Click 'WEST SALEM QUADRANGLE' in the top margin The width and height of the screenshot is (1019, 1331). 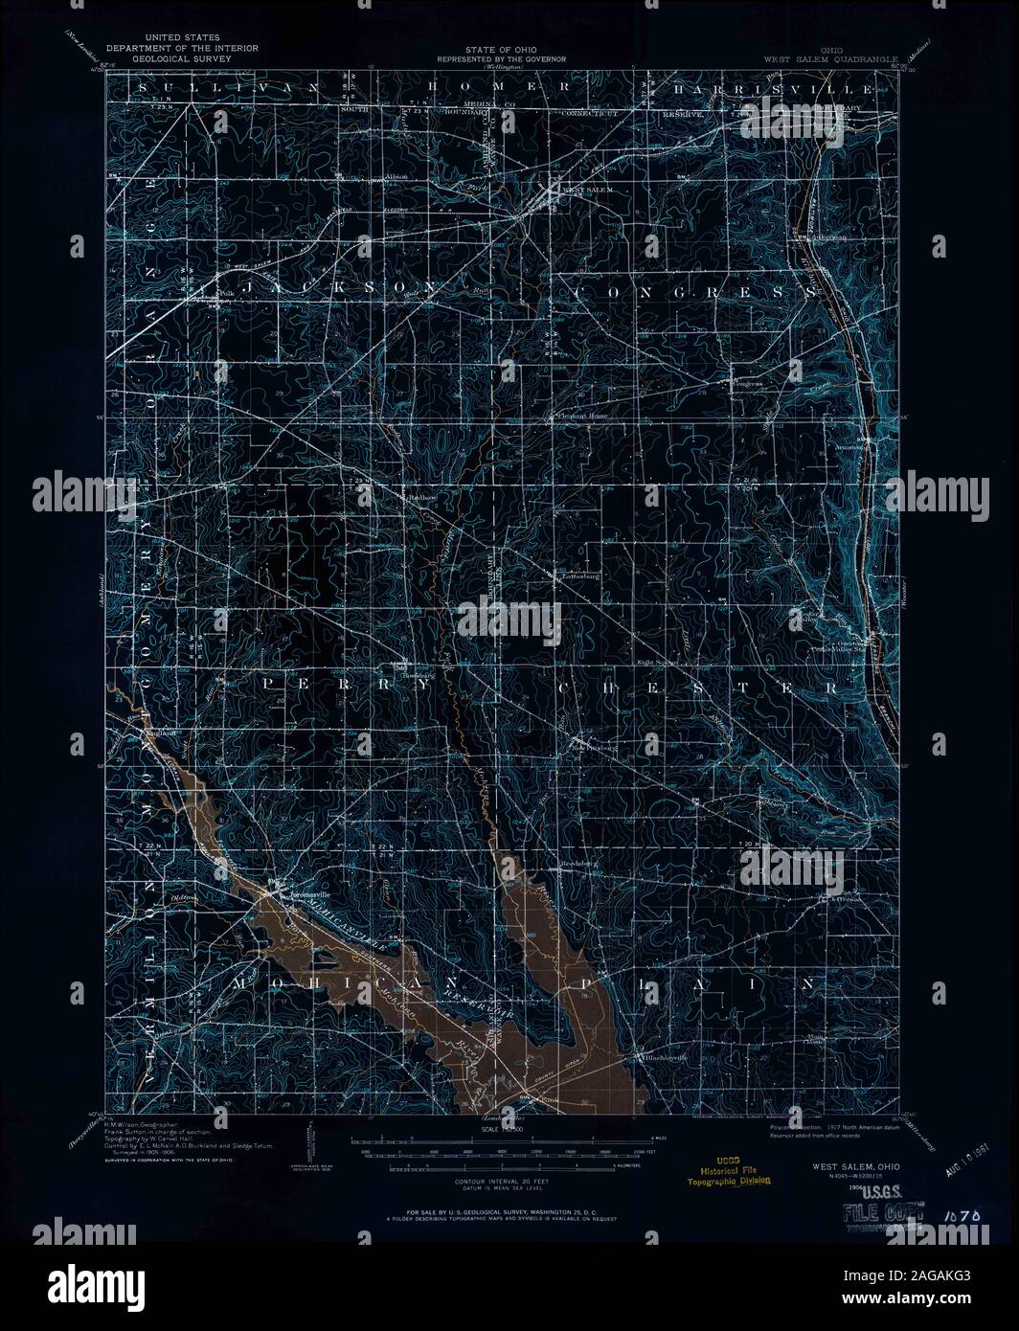830,58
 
